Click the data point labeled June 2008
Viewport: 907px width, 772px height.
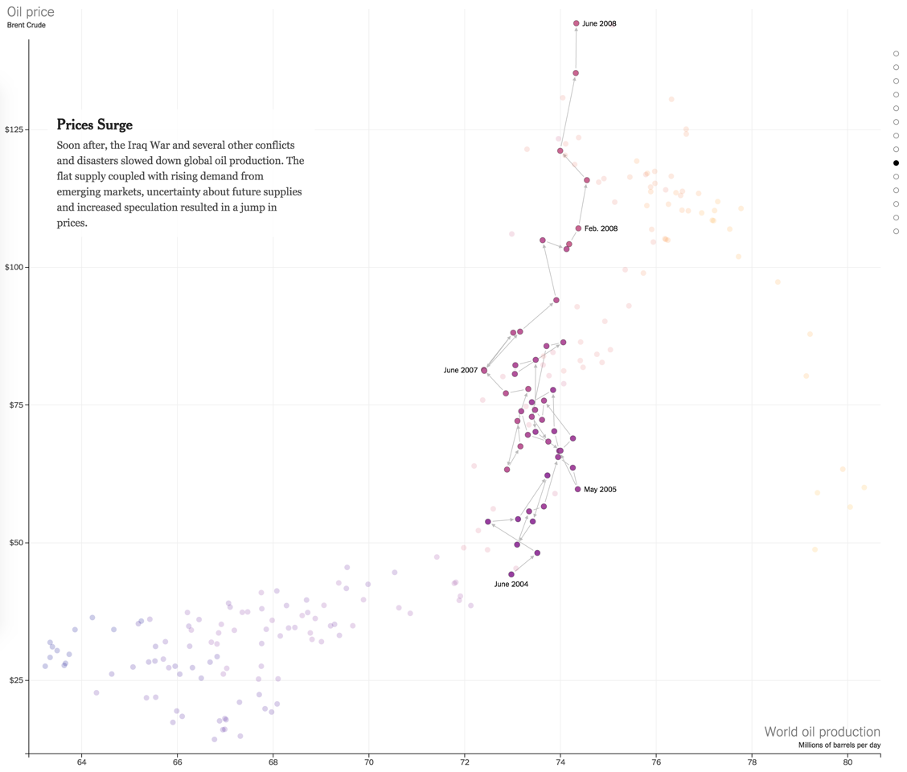(577, 24)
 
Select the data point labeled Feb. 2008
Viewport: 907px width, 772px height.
(578, 228)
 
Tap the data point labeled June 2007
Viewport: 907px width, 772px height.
(484, 371)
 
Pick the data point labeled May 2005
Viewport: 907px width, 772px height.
(577, 489)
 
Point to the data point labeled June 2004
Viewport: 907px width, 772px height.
(511, 574)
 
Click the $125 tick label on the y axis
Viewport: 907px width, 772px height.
(14, 129)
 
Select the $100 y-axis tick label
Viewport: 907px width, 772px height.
(14, 267)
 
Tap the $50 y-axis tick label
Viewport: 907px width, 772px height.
(16, 542)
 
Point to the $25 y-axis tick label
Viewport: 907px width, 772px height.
(16, 680)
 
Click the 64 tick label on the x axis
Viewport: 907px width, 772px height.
(81, 762)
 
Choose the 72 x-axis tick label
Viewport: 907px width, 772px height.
(465, 762)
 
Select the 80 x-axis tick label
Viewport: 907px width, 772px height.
(847, 762)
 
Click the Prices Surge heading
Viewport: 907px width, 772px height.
(94, 125)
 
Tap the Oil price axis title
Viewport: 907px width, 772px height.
(31, 11)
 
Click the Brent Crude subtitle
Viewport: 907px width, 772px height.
(27, 25)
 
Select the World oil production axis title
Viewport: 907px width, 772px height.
(822, 732)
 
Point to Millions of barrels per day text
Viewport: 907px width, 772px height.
(839, 745)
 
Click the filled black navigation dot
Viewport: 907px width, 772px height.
(896, 163)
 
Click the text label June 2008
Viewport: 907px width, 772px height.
(600, 24)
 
